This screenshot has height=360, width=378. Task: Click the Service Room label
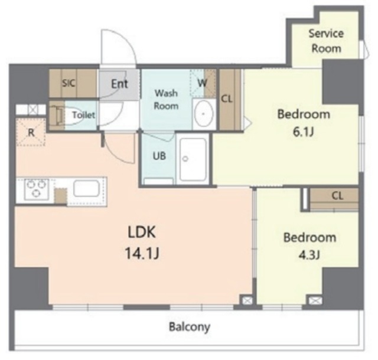327,41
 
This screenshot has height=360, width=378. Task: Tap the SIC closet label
69,83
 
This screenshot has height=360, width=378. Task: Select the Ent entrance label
119,84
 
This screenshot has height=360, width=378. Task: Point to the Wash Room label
166,99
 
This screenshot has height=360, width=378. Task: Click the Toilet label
84,115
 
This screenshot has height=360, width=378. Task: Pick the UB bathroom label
159,156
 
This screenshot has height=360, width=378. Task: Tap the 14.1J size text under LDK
142,254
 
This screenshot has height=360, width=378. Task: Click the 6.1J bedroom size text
303,132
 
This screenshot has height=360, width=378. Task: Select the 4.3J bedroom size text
309,255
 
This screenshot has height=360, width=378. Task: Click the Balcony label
190,327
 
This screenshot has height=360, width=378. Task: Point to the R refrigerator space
31,132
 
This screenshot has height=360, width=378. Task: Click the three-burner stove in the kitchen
37,189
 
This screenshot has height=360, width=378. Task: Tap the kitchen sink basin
87,189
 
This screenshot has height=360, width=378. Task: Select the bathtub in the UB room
193,159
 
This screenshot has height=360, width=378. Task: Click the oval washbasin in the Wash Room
204,114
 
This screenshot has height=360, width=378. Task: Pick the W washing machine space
202,83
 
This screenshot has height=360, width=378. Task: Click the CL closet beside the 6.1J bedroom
230,99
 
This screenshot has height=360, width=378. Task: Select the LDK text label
142,233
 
